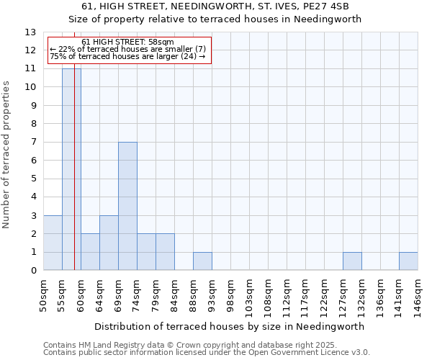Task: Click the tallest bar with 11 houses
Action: tap(71, 169)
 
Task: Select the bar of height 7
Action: tap(127, 206)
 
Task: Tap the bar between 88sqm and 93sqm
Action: tap(202, 261)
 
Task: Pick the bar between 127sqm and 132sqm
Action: tap(352, 261)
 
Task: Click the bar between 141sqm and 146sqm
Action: tap(408, 261)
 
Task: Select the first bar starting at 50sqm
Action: tap(53, 243)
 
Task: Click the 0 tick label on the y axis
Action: tap(33, 271)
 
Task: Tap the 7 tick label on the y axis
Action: tap(33, 143)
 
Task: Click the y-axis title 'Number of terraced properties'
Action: tap(8, 154)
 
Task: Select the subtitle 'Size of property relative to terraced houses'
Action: tap(215, 19)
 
